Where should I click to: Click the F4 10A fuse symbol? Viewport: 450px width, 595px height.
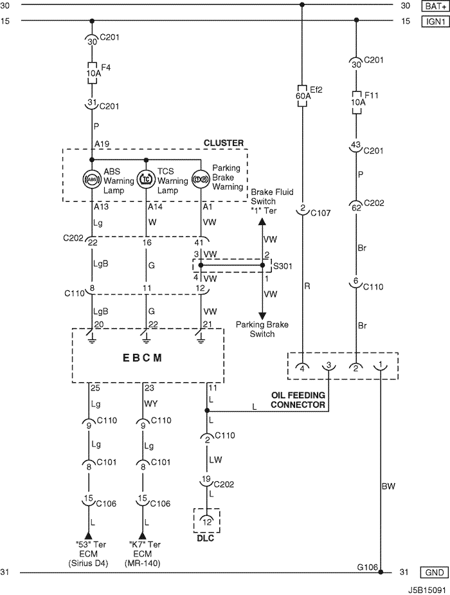pos(92,69)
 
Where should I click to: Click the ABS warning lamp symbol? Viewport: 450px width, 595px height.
pos(92,178)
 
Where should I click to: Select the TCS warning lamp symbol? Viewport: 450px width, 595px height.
pos(147,178)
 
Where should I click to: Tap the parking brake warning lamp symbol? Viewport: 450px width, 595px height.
pos(201,178)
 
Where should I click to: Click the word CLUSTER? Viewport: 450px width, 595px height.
pos(223,143)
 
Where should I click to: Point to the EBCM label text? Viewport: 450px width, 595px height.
pos(147,357)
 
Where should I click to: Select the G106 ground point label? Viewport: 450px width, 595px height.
pos(368,567)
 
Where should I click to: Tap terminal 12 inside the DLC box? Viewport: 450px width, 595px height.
pos(207,519)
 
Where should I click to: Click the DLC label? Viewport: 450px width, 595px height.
pos(207,538)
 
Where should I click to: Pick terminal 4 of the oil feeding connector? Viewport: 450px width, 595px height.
pos(302,366)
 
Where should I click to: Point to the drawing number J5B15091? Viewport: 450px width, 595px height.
pos(426,588)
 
